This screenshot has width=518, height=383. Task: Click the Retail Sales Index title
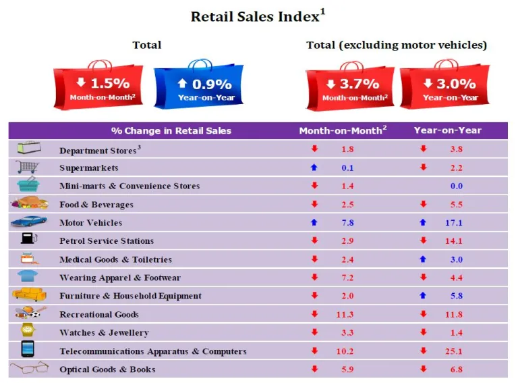tap(258, 16)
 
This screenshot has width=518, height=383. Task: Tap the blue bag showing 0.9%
tap(199, 85)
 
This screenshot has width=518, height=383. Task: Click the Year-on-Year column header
tap(447, 130)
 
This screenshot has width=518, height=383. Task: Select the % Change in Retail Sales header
tap(171, 130)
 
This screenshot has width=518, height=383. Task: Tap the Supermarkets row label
tap(88, 168)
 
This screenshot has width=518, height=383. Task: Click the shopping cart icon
tap(27, 166)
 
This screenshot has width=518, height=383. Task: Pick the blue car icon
tap(29, 222)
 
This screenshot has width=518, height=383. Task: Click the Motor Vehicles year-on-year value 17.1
tap(455, 223)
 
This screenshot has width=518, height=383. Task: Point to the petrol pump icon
tap(28, 239)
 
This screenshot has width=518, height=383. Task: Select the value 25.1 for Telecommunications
tap(455, 351)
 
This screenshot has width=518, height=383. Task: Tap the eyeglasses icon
tap(29, 367)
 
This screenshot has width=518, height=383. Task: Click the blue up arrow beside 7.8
tap(314, 223)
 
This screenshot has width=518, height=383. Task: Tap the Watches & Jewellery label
tap(104, 332)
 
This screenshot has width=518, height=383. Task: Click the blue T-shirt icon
tap(28, 276)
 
